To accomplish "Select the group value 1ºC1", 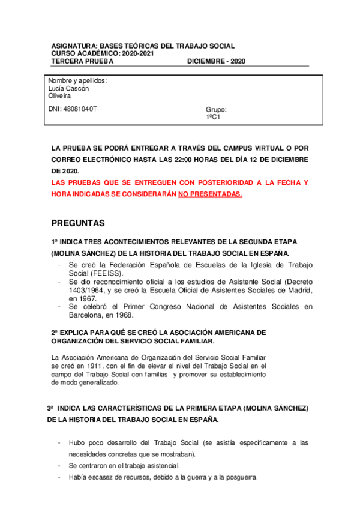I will tap(213, 118).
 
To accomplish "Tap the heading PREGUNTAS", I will tap(78, 223).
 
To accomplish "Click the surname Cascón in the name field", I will tap(77, 88).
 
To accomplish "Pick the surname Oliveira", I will tap(59, 96).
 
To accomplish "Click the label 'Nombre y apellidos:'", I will tap(77, 80).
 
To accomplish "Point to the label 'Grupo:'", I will tap(216, 110).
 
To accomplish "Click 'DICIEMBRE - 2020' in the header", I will tap(216, 61).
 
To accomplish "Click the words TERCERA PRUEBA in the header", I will tap(78, 61).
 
